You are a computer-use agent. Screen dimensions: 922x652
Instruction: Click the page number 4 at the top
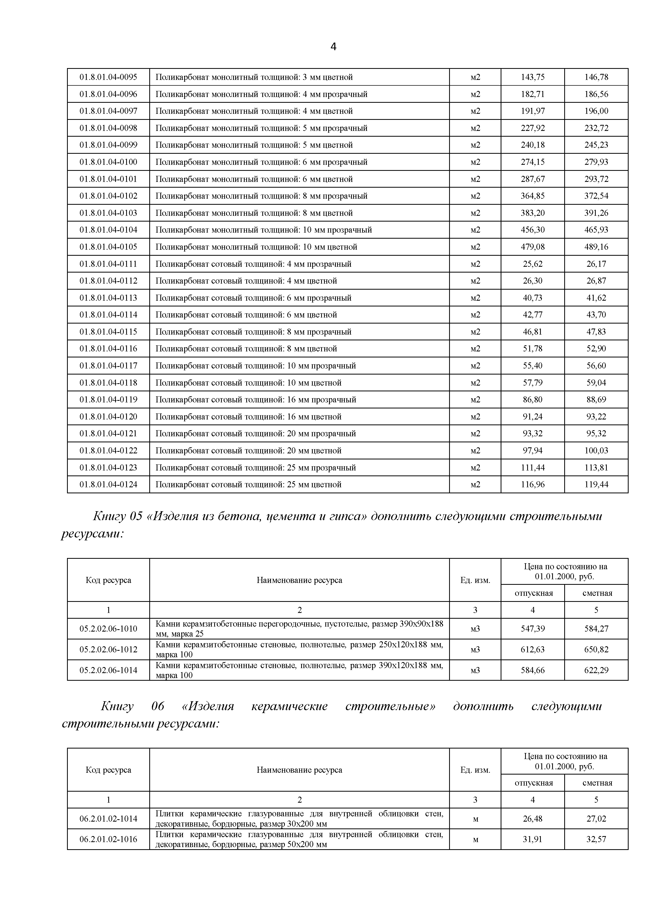(x=333, y=47)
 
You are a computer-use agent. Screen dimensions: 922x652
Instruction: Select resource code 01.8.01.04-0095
(x=108, y=77)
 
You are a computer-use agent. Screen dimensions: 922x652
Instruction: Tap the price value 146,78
(x=596, y=77)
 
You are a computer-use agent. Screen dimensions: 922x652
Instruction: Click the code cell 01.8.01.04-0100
(x=108, y=162)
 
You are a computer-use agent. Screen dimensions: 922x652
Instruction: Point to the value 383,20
(x=533, y=213)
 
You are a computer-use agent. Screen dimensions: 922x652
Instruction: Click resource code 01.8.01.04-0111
(x=108, y=264)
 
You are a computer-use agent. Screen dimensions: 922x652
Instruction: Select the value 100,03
(x=596, y=450)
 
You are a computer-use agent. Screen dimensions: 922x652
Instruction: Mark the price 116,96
(x=533, y=485)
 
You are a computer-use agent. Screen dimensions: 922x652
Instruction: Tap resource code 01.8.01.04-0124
(x=108, y=485)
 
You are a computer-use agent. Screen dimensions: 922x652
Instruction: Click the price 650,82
(x=596, y=649)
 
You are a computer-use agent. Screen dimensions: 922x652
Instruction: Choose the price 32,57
(x=596, y=839)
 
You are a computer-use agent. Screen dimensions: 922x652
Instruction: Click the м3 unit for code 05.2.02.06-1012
(x=475, y=649)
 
